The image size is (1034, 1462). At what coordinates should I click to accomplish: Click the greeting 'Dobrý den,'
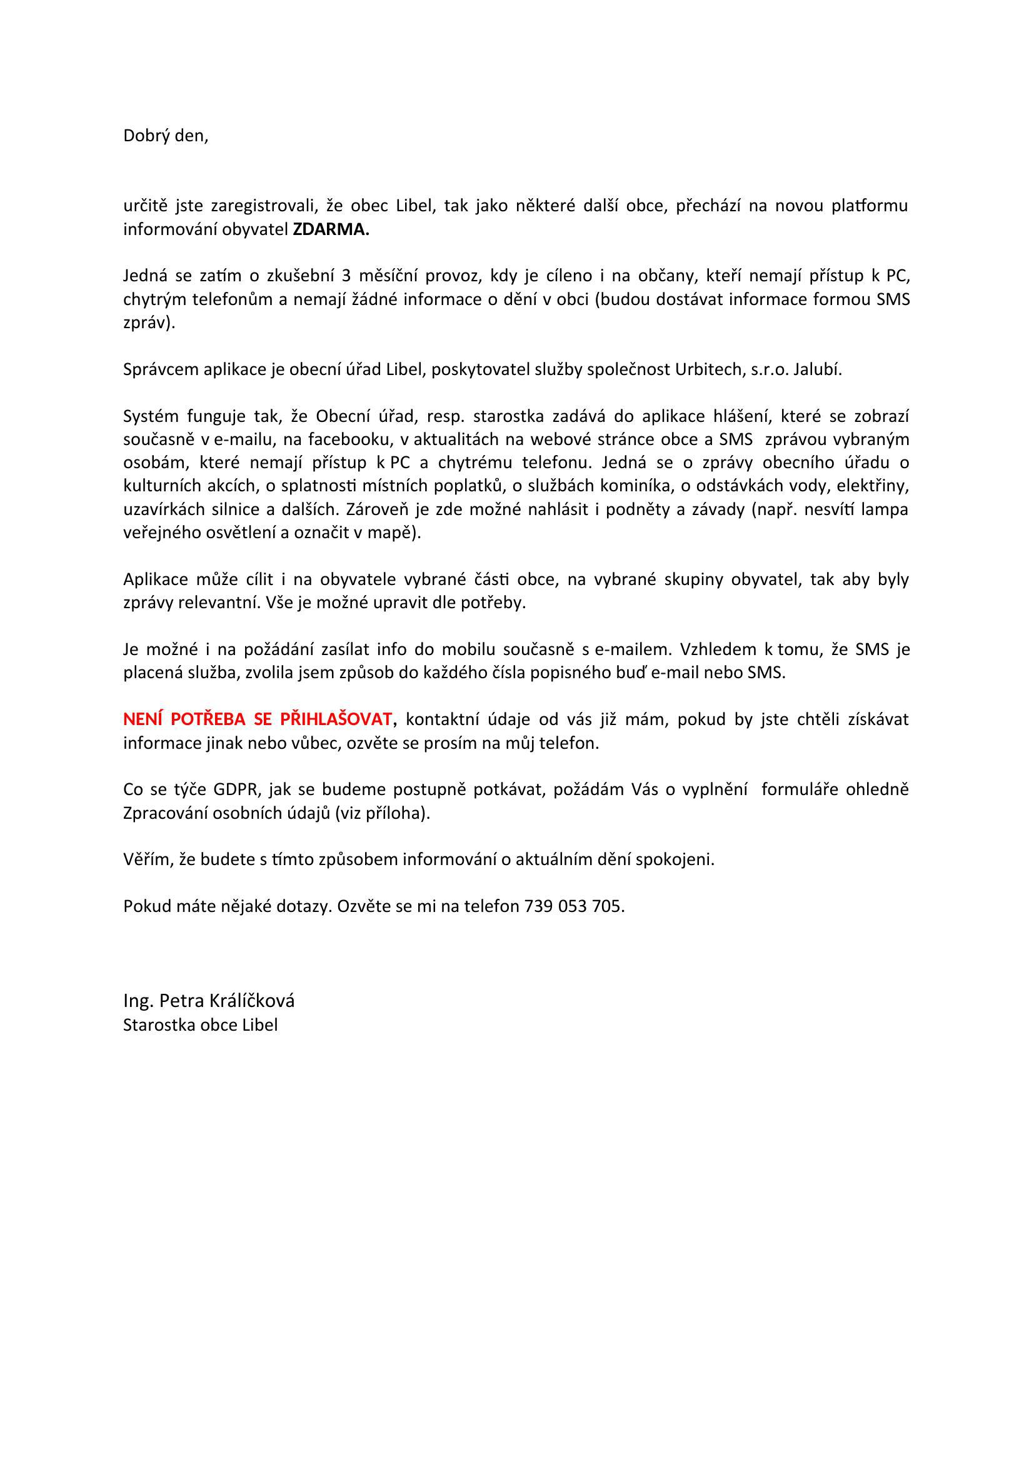[166, 136]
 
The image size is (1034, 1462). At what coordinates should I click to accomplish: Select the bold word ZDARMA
[331, 230]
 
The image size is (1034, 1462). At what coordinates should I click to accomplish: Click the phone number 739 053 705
[574, 906]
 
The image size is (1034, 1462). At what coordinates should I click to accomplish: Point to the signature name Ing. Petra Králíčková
[209, 1001]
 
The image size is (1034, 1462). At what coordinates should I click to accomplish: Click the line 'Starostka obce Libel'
[201, 1025]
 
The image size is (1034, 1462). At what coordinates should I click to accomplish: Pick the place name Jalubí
[817, 370]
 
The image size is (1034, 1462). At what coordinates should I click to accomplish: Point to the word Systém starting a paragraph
[150, 417]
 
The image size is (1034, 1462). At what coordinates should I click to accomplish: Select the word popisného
[597, 673]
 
